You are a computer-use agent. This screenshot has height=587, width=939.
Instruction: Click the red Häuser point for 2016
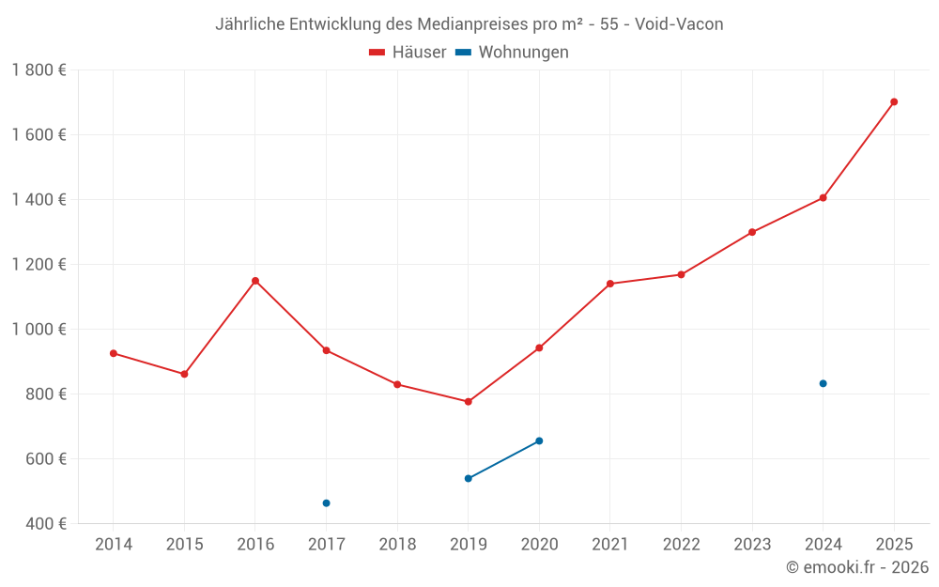tap(255, 281)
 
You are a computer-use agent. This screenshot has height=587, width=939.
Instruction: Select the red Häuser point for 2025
tap(894, 101)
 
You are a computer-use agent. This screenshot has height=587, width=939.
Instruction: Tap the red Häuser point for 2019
tap(469, 402)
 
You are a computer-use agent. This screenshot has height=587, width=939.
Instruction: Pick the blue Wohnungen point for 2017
tap(326, 503)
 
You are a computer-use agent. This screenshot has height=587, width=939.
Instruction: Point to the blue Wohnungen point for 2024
tap(824, 383)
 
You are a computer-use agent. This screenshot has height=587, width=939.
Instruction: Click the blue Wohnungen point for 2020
tap(539, 440)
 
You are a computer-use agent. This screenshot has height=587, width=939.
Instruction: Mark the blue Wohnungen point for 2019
tap(469, 478)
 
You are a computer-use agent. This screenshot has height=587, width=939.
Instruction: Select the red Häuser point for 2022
tap(682, 274)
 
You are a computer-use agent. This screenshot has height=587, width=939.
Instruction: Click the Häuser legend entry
tap(408, 53)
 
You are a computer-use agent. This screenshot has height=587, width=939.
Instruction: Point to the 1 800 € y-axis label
tap(38, 70)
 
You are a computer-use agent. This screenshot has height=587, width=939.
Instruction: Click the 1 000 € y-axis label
tap(38, 329)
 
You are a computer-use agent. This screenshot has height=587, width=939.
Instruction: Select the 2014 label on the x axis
tap(114, 545)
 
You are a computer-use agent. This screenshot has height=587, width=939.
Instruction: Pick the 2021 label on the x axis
tap(610, 545)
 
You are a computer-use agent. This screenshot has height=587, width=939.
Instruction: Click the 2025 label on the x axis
tap(894, 545)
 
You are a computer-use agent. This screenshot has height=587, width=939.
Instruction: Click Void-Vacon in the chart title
tap(679, 24)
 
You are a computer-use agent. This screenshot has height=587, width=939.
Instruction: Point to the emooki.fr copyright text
tap(857, 567)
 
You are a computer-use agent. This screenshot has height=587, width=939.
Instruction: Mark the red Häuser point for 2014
tap(114, 353)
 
